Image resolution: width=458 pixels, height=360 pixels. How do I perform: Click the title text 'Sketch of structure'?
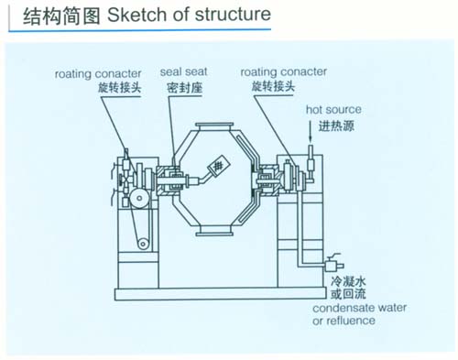coord(189,15)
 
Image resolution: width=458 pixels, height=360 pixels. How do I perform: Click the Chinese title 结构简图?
coord(61,16)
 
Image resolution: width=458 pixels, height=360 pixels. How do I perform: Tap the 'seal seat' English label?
coord(183,71)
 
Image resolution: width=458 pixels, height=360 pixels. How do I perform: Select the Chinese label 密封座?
coord(184,88)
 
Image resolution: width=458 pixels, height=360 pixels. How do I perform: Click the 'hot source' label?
coord(333,110)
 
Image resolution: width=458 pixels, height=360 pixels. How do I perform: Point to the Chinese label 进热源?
coord(336,125)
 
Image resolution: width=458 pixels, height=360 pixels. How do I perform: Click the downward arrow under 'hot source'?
coord(311,132)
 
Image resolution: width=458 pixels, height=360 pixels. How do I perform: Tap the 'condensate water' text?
coord(359,308)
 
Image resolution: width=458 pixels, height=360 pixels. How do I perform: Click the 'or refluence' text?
coord(343,321)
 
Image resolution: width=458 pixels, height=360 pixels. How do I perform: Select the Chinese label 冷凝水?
coord(348,281)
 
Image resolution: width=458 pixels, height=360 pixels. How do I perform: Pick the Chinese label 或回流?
coord(348,294)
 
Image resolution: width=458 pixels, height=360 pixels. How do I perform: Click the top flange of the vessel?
coord(214,125)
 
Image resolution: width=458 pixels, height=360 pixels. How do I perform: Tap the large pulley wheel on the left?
coord(139,198)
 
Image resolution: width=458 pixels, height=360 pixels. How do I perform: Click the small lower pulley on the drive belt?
coord(143,244)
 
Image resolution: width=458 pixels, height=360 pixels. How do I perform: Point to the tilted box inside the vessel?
coord(219,166)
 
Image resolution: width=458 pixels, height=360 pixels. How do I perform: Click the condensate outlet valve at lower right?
coord(333,265)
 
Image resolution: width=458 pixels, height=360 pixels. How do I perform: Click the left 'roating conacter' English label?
coord(98,74)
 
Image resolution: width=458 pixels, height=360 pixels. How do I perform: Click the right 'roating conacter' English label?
coord(284,72)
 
